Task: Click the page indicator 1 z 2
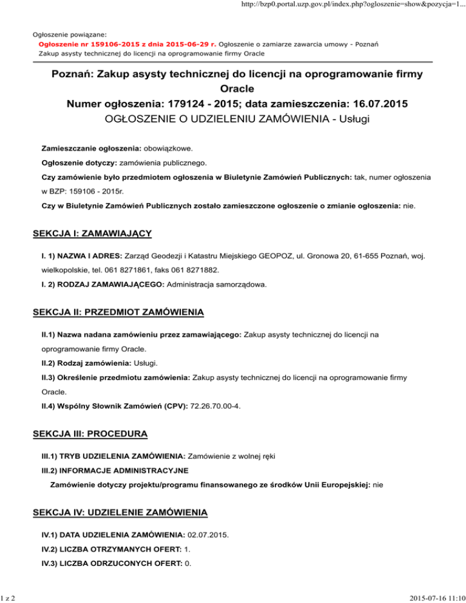(x=8, y=596)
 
